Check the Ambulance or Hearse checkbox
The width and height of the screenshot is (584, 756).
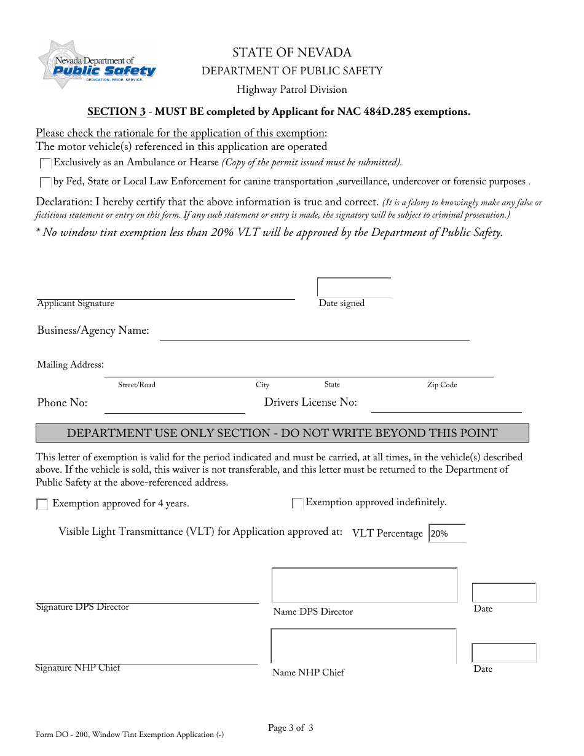point(45,163)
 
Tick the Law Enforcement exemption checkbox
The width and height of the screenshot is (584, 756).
point(45,183)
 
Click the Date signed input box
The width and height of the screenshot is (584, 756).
point(354,288)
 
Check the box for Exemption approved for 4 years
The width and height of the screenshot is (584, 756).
point(42,505)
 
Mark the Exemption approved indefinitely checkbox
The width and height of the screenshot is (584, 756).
point(298,503)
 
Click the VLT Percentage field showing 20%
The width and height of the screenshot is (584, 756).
point(447,534)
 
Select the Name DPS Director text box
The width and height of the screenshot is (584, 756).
point(365,585)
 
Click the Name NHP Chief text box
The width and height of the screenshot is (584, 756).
point(363,646)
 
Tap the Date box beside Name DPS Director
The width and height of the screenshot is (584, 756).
point(504,593)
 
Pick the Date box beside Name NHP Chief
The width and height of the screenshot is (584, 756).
point(504,653)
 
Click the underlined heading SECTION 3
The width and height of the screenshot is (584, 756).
point(117,112)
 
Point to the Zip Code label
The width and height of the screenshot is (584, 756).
point(442,385)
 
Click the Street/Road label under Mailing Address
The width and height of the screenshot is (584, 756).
point(136,385)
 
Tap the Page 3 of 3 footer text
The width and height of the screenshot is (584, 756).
point(291,728)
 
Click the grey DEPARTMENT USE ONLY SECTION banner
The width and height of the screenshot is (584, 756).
point(282,433)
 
